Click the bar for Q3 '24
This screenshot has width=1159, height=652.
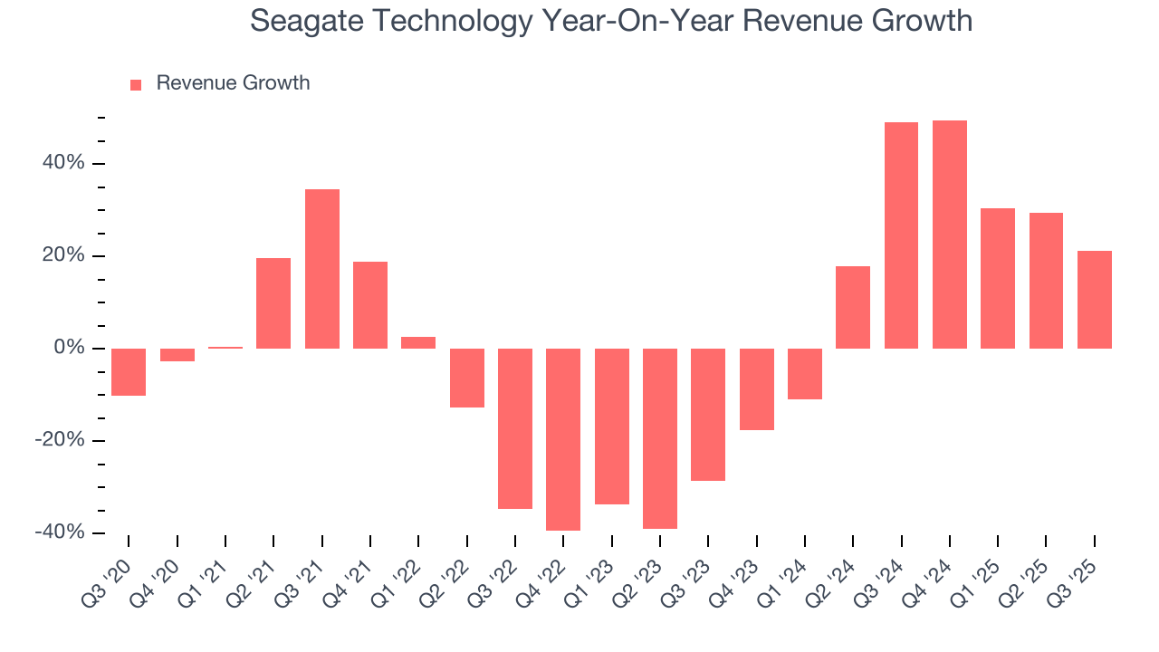901,235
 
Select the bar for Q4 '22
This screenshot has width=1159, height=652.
563,439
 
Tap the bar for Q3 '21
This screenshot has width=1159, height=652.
322,269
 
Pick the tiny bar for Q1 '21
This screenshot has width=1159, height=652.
225,348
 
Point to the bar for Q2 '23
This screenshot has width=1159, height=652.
660,438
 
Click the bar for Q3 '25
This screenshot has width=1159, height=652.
1094,300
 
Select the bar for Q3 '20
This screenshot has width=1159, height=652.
129,372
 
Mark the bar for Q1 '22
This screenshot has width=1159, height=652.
418,343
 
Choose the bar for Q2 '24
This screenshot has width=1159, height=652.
853,307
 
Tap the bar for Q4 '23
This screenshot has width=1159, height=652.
756,389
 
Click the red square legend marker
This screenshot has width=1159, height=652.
136,84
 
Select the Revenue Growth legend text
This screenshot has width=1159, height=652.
233,83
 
